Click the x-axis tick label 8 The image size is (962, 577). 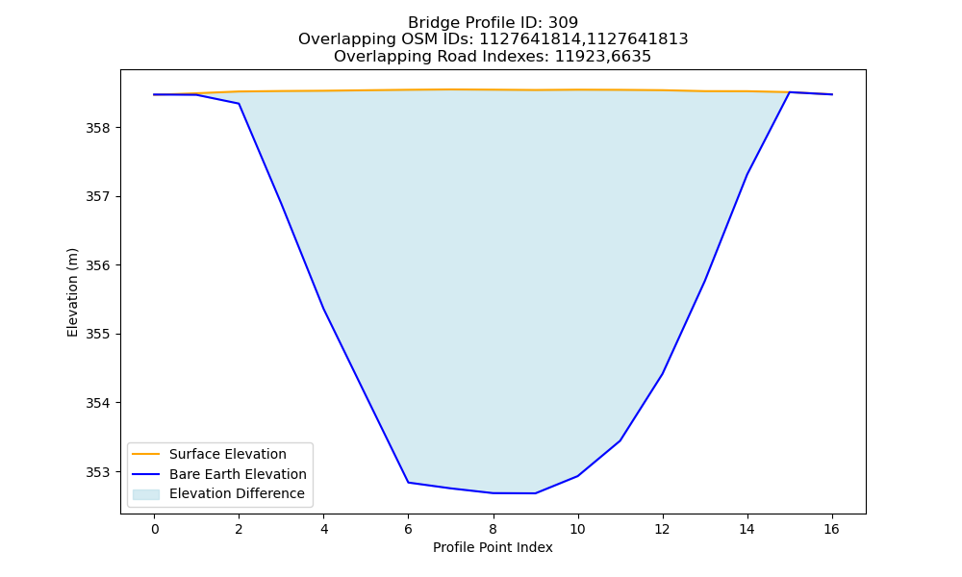[x=494, y=529]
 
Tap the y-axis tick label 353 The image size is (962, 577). [x=98, y=472]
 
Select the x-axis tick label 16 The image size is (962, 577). [x=831, y=529]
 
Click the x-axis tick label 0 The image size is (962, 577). [x=155, y=529]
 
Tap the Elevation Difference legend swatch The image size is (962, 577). [x=146, y=493]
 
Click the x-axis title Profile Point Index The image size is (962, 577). [x=493, y=547]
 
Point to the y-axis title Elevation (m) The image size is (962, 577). [x=72, y=292]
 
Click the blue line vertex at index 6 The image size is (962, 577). [x=409, y=483]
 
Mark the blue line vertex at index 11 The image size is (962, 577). [x=620, y=440]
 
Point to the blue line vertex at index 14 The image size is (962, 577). [x=747, y=174]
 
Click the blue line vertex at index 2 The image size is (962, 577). [x=239, y=104]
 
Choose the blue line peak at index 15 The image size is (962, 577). [x=790, y=92]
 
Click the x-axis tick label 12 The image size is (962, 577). [x=663, y=529]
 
